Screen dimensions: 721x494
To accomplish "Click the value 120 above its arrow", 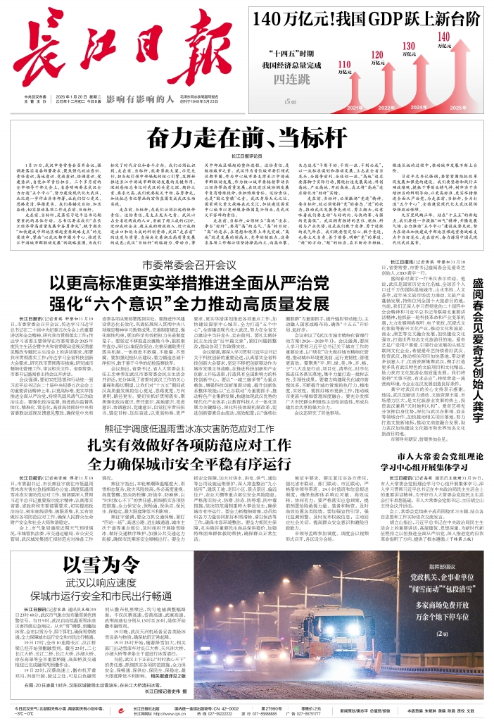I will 376,54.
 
